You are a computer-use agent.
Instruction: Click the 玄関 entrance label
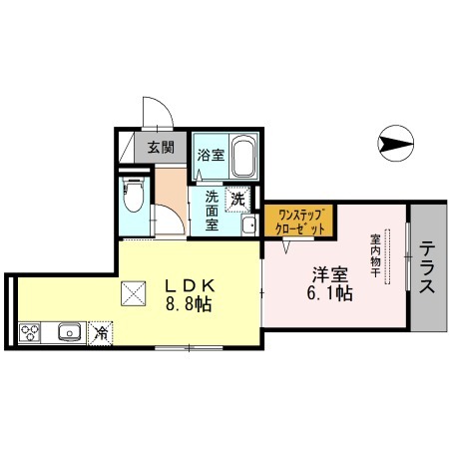(x=161, y=147)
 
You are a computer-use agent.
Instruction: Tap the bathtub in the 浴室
(x=243, y=157)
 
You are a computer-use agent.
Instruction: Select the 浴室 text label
(x=211, y=155)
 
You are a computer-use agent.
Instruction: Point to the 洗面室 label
(x=212, y=211)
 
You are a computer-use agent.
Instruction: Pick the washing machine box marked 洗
(x=237, y=200)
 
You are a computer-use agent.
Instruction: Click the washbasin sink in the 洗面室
(x=248, y=225)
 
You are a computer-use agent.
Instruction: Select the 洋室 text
(x=329, y=274)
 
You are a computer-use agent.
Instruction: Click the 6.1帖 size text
(x=329, y=293)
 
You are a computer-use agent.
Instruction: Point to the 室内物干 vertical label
(x=375, y=255)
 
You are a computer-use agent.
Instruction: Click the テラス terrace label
(x=427, y=267)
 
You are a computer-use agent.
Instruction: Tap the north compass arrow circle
(x=396, y=144)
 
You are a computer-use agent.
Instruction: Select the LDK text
(x=191, y=285)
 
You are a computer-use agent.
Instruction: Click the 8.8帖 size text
(x=189, y=304)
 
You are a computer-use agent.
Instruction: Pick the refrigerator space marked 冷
(x=101, y=333)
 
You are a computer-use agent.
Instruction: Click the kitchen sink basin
(x=70, y=331)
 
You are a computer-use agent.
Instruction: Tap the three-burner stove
(x=30, y=332)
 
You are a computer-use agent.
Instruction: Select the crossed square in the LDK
(x=134, y=293)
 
